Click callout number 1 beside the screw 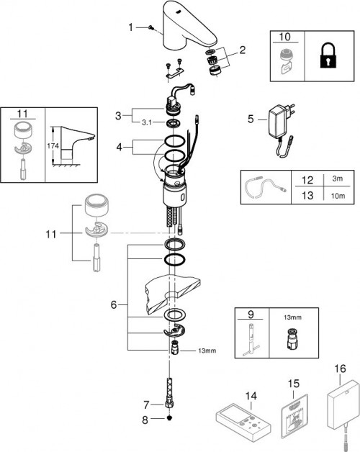(x=130, y=27)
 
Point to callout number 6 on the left (x=114, y=305)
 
